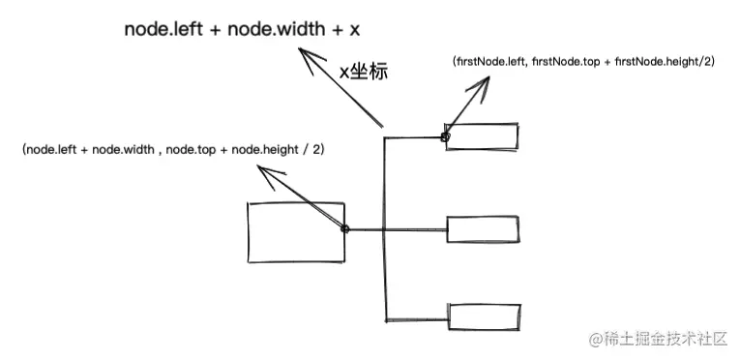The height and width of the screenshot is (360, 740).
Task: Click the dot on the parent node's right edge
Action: coord(345,229)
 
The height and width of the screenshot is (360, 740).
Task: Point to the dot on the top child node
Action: coord(446,137)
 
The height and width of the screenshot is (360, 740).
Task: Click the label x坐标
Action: coord(362,71)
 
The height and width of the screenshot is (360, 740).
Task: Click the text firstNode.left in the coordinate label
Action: coord(488,61)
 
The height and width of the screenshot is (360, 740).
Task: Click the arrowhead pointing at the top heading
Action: coord(309,63)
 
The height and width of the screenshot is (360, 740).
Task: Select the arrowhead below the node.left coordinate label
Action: coord(270,171)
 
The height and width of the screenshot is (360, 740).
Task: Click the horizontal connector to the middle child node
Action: coord(416,229)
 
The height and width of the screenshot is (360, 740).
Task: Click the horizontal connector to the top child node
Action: coord(413,137)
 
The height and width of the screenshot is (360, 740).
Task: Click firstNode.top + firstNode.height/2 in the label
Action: coord(625,61)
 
